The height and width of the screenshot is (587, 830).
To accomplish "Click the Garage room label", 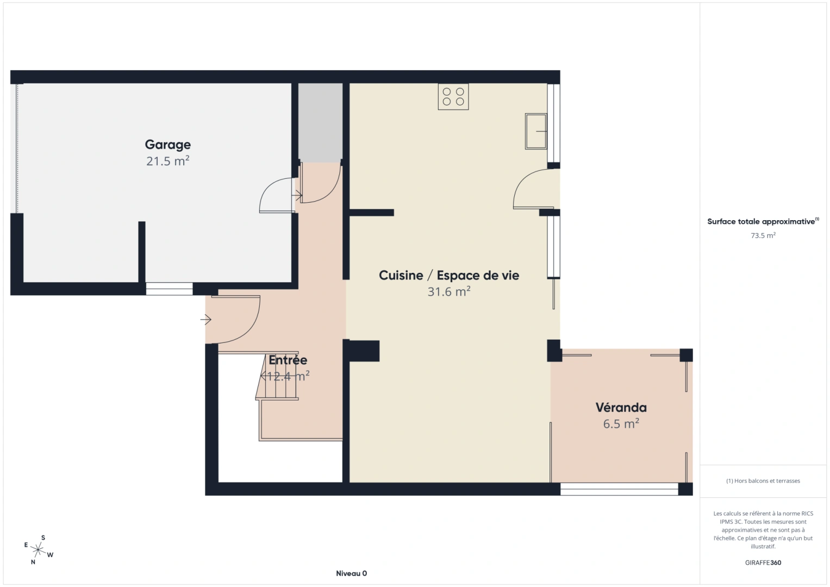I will pyautogui.click(x=167, y=145).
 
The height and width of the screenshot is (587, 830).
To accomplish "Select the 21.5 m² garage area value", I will pyautogui.click(x=167, y=161).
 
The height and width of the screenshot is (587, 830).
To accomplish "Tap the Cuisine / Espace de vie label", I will pyautogui.click(x=448, y=276).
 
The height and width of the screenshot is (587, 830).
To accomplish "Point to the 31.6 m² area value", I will pyautogui.click(x=448, y=292).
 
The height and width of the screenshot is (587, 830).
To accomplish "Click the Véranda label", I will pyautogui.click(x=621, y=408).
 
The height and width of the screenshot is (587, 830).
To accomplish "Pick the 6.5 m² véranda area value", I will pyautogui.click(x=621, y=424).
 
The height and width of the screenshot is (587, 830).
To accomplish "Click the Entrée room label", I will pyautogui.click(x=288, y=360).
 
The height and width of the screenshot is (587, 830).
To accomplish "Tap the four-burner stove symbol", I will pyautogui.click(x=453, y=97).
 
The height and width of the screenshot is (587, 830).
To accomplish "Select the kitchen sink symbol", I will pyautogui.click(x=536, y=131).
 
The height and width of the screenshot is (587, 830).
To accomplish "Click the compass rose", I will pyautogui.click(x=38, y=550).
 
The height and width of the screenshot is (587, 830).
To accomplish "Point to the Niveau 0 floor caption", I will pyautogui.click(x=351, y=573).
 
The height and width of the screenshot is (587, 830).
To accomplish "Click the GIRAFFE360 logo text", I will pyautogui.click(x=763, y=563).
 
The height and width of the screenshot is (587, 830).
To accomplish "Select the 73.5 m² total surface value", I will pyautogui.click(x=763, y=235).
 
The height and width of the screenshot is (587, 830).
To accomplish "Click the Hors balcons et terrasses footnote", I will pyautogui.click(x=763, y=480).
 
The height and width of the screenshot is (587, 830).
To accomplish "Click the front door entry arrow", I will pyautogui.click(x=205, y=320).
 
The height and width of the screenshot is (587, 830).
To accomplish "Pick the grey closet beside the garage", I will pyautogui.click(x=320, y=122).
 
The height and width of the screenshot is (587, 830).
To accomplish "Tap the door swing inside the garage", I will pyautogui.click(x=276, y=195).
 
